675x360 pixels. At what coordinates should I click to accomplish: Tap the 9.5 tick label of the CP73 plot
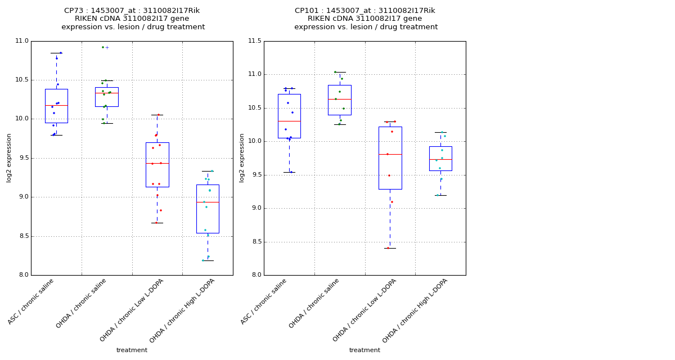(22, 158)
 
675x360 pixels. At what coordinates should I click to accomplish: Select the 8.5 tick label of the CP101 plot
(255, 242)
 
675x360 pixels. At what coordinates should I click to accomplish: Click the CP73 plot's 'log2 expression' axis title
(9, 158)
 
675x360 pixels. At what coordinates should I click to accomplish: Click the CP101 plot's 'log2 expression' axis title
(242, 158)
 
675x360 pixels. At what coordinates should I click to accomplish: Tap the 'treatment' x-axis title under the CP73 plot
(132, 350)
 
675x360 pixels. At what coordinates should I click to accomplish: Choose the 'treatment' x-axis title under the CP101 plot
(364, 350)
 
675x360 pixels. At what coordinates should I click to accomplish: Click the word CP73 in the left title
(74, 11)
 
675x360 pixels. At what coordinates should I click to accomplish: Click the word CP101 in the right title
(307, 11)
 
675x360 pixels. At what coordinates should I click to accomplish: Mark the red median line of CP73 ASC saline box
(56, 105)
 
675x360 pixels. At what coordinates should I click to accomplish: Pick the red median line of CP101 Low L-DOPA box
(390, 154)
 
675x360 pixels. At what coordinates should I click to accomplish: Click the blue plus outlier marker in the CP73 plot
(107, 47)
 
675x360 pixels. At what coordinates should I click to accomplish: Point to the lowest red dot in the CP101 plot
(388, 248)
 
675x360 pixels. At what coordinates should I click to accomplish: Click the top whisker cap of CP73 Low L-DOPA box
(157, 115)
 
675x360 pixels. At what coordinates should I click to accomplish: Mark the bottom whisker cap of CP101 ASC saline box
(289, 172)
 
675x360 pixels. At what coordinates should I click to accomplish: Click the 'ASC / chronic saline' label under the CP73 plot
(32, 301)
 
